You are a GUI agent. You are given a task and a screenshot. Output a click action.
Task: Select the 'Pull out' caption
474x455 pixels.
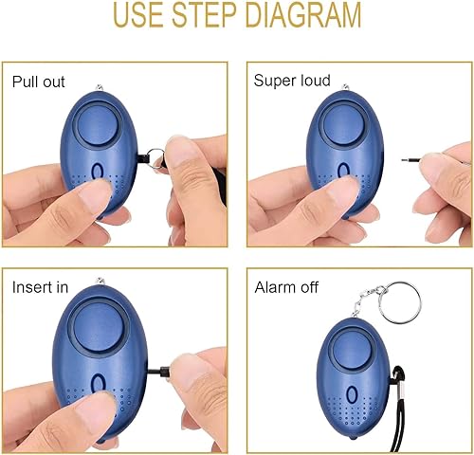(x=38, y=81)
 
